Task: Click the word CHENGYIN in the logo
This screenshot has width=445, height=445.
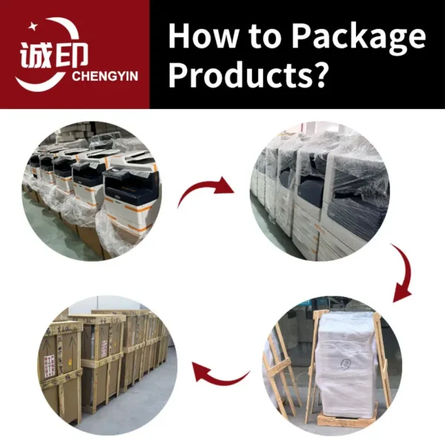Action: coord(105,76)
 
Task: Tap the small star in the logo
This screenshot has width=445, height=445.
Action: coord(33,26)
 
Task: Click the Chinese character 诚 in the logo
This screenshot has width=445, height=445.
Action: coord(36,55)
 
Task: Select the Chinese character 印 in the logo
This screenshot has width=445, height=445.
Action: coord(70,55)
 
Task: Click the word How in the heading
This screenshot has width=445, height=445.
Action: coord(203,36)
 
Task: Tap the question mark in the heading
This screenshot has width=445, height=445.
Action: coord(320,74)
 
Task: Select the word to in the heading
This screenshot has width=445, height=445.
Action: coord(265,37)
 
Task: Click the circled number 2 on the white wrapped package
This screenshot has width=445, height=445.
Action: coord(346,364)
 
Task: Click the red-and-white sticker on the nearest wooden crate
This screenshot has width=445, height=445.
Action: coord(50,366)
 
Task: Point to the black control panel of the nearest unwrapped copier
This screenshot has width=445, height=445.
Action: coord(131,185)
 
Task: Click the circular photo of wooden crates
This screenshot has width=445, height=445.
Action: coord(108,365)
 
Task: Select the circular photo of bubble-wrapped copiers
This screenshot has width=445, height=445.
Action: coord(320,191)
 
